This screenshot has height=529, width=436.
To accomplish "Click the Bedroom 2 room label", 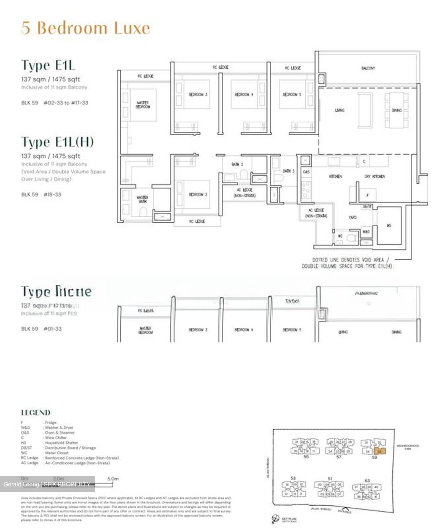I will click(198, 194).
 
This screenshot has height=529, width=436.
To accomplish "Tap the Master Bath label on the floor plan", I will click(142, 199).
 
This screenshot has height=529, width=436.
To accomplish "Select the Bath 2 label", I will click(237, 164).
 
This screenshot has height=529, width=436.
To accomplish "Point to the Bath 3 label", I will click(288, 171).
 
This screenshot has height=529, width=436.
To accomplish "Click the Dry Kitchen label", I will click(374, 177).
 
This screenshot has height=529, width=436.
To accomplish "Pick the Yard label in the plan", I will click(352, 217).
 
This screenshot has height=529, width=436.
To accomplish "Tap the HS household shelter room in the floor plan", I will click(389, 226).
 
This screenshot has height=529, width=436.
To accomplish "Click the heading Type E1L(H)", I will click(57, 142).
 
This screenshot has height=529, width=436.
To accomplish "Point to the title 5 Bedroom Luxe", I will click(86, 28).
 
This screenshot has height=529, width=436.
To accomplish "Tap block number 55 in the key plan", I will click(306, 457).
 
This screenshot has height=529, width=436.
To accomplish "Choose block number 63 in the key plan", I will click(367, 480).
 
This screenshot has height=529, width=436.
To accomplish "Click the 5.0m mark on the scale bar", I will click(113, 479).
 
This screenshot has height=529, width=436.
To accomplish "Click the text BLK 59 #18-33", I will click(41, 194).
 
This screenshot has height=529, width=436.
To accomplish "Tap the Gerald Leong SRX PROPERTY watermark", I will click(47, 484).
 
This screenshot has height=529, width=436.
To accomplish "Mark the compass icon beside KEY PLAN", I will click(276, 519).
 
